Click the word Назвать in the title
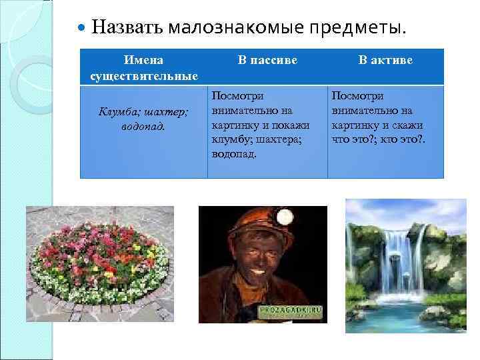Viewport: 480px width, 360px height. [x=128, y=27]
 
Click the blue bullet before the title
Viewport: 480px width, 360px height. [x=81, y=29]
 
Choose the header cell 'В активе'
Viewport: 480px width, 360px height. [x=385, y=61]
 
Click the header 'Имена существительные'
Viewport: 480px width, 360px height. [x=143, y=68]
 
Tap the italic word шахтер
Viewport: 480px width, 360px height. [x=167, y=111]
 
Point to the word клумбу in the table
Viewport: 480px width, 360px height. [x=229, y=139]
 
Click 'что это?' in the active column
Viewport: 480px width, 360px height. [x=349, y=139]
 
